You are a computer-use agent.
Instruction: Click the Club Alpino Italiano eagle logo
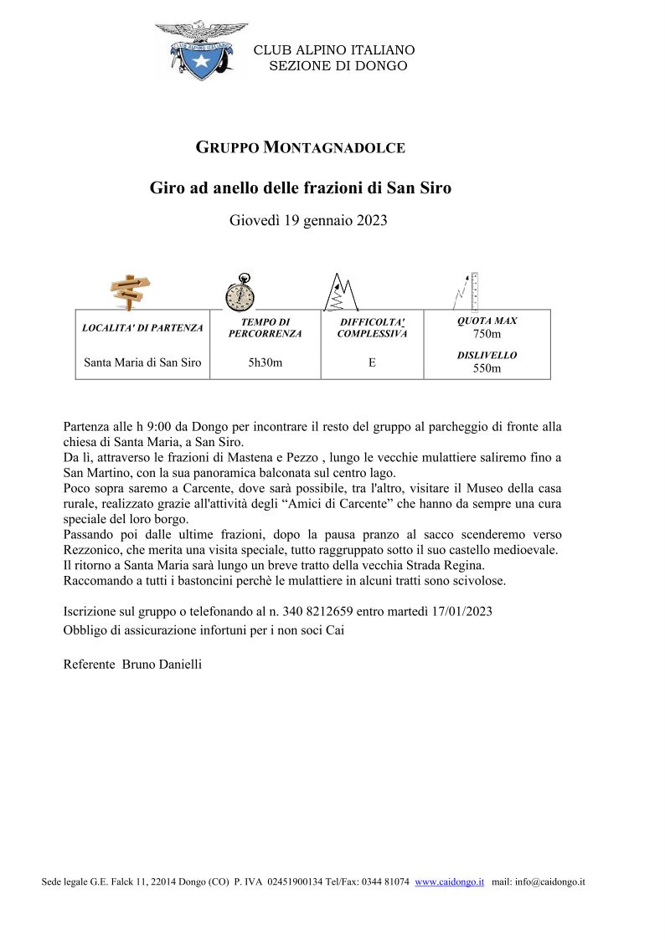(x=201, y=50)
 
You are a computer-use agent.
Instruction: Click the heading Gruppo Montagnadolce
(x=300, y=148)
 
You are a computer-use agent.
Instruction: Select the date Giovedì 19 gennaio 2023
(x=308, y=221)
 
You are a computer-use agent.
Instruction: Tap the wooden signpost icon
(x=131, y=291)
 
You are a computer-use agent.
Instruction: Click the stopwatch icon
(x=240, y=293)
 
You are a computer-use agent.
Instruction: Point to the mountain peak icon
(x=342, y=291)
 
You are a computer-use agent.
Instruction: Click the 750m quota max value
(x=487, y=334)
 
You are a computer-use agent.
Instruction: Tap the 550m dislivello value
(x=487, y=368)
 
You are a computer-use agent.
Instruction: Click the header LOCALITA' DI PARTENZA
(x=142, y=328)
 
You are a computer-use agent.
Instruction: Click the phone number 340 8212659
(x=317, y=612)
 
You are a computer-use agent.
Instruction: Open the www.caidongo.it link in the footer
(x=449, y=882)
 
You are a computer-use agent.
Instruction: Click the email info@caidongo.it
(x=551, y=882)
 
